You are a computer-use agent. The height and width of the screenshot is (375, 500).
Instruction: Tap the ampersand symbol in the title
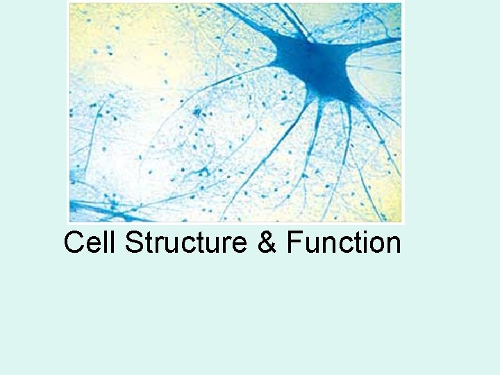click(x=267, y=244)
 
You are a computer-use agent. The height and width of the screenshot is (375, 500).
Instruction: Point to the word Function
click(x=344, y=243)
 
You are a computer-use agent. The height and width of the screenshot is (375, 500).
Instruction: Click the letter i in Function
click(x=360, y=243)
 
